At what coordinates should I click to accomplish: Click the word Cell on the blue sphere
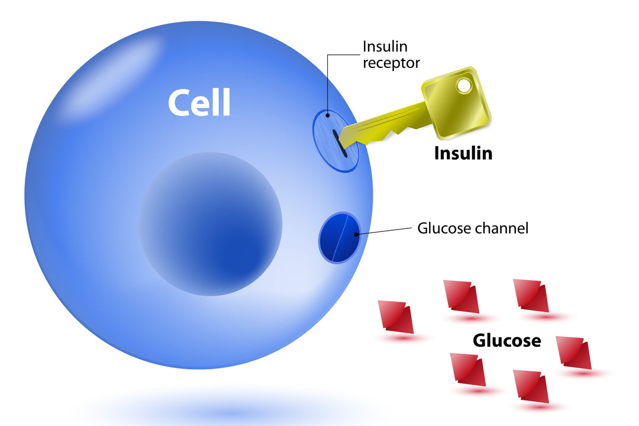199,103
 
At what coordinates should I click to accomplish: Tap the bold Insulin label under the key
463,153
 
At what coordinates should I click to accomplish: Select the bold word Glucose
506,341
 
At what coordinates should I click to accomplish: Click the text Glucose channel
473,228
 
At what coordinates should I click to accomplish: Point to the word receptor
391,63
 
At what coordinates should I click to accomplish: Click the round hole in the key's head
464,86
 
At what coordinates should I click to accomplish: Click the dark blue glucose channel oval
340,238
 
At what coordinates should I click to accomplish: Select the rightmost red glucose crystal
575,353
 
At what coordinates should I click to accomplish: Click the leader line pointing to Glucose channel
385,231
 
